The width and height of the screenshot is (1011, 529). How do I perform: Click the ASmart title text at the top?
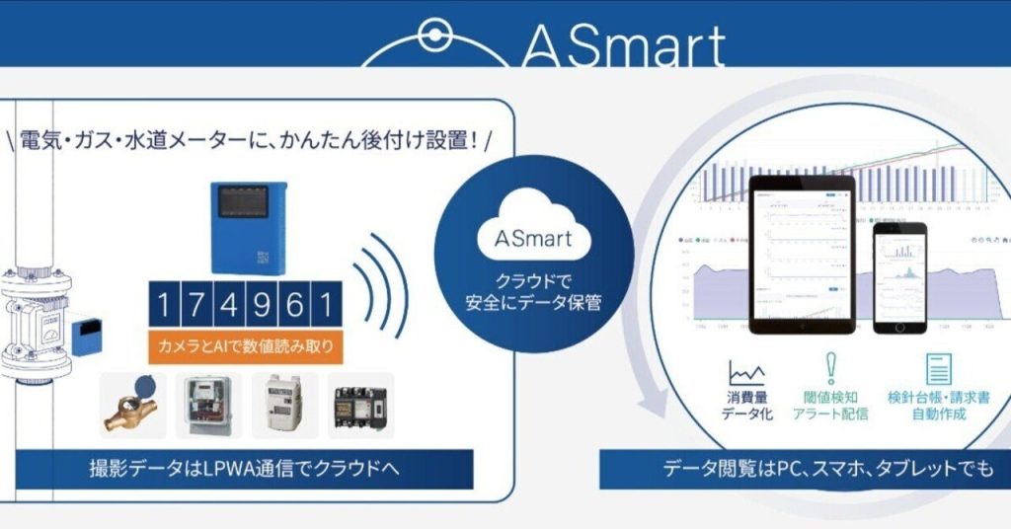point(622,44)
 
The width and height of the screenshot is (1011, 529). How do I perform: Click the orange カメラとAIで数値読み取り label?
point(244,346)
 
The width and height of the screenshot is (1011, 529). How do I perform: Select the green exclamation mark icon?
point(830,367)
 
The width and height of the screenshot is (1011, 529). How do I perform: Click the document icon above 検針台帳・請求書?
point(938,368)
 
